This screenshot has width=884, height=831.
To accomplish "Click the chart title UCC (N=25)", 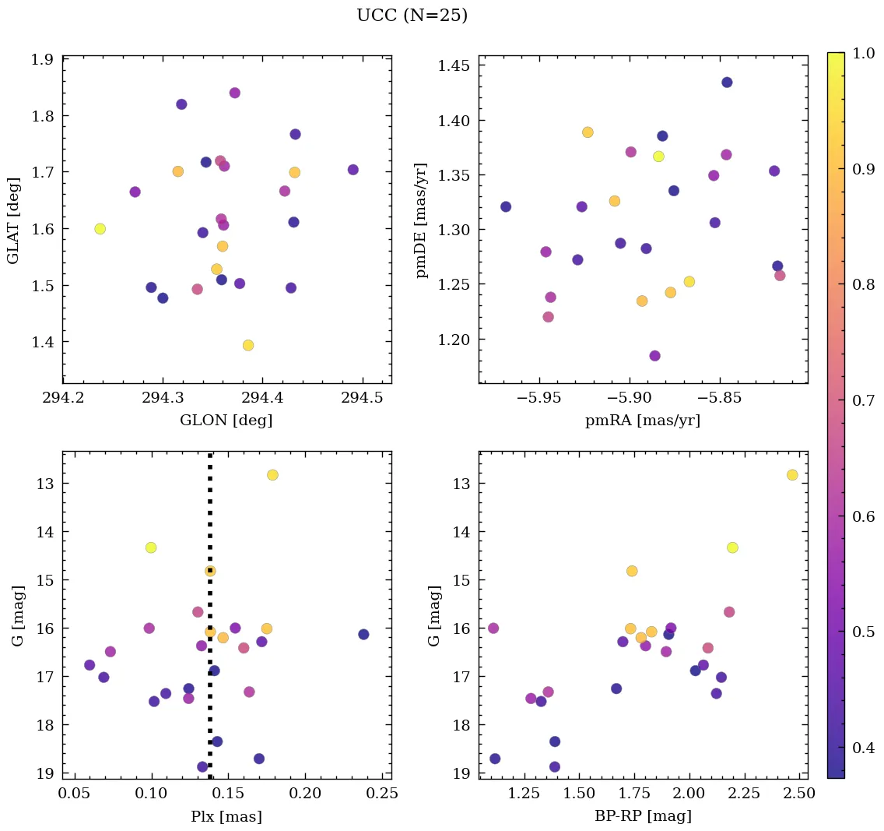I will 412,16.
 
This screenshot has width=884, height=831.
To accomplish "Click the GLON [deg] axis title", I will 226,421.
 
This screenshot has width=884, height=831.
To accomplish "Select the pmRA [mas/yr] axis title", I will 642,421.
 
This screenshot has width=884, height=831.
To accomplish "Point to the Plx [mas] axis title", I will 226,817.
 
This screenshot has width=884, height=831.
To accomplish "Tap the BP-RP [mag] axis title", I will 642,817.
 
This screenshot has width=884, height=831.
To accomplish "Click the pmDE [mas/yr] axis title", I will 422,220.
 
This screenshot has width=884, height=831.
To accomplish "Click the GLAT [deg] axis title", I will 13,220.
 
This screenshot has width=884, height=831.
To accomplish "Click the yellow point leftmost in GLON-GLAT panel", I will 100,229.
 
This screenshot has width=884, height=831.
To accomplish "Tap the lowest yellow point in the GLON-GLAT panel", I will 248,345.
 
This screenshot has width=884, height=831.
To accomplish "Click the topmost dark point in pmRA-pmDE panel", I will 727,83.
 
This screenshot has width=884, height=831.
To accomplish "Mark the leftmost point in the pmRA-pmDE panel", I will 506,206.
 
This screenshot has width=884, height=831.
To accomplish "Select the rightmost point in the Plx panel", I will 363,634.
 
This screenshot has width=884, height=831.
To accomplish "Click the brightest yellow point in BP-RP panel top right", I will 792,475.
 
